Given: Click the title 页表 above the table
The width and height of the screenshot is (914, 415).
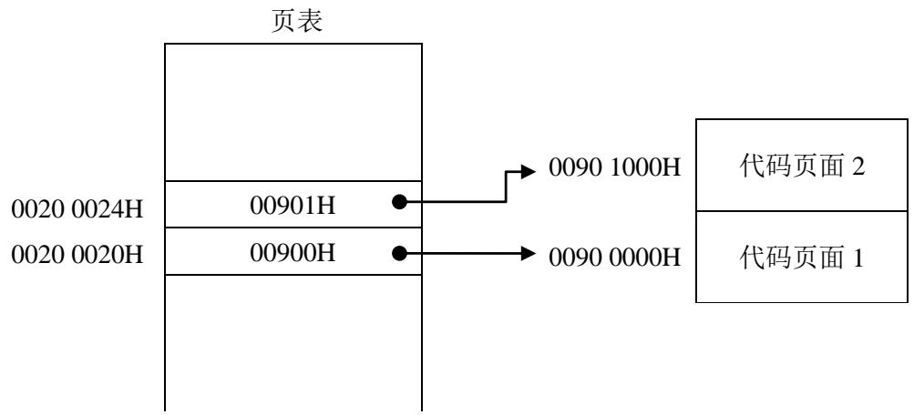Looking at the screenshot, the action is coord(297,22).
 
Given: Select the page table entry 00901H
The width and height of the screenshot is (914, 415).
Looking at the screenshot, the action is coord(293,205).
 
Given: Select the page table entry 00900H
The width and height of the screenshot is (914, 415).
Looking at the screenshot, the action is coord(293,253).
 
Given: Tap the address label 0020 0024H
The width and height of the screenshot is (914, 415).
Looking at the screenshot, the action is coord(77,209).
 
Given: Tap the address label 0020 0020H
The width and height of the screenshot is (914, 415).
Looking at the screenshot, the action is coord(77,255).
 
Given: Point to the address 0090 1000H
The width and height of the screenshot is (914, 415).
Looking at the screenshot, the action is coord(614,168).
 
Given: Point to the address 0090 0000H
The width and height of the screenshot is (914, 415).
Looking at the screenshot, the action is coord(614,257).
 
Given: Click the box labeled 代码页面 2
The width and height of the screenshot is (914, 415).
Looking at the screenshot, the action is coord(802,166).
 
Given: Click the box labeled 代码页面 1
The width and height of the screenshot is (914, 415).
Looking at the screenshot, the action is coord(802,257).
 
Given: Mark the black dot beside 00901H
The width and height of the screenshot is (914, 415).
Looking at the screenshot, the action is coord(399,202).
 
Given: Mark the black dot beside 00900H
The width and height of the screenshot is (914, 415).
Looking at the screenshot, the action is coord(399,253).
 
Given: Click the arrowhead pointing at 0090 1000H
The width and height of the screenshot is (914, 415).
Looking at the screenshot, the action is coord(528,170).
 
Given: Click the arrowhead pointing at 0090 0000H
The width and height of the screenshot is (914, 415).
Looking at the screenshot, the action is coord(528,253).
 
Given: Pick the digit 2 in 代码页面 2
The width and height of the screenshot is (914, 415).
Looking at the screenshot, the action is coord(858,167).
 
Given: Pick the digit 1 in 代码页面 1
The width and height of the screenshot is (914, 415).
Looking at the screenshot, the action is coord(858,258).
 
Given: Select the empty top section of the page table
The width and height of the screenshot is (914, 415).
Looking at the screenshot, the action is coord(293,112).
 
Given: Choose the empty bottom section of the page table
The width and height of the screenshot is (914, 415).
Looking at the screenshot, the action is coord(293,343).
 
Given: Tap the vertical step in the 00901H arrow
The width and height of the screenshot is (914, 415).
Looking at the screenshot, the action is coord(506,187).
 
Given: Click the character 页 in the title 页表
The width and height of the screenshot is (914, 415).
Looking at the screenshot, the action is coord(284,22).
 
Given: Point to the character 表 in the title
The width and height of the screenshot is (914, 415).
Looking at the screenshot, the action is coord(311,22).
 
